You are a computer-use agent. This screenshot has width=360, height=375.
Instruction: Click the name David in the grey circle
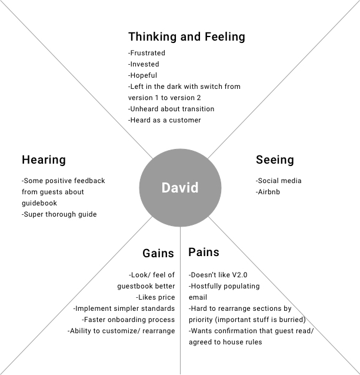click(180, 188)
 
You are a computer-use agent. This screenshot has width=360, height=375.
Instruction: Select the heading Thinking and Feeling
click(186, 36)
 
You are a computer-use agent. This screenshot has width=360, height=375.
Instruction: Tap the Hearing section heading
click(44, 160)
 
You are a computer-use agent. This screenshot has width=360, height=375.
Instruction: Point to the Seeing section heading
click(275, 160)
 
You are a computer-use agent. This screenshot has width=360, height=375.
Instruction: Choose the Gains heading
click(158, 253)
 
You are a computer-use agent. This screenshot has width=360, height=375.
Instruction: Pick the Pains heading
click(204, 252)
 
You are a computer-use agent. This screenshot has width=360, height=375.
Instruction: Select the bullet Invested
click(144, 64)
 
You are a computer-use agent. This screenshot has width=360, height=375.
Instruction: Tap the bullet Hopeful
click(144, 75)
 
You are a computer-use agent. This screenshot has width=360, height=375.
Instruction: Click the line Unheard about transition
click(171, 109)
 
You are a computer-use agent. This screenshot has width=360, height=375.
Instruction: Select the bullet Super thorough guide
click(59, 214)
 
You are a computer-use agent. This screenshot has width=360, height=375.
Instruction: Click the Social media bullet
click(279, 181)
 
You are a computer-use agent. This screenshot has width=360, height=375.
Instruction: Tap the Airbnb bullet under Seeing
click(270, 192)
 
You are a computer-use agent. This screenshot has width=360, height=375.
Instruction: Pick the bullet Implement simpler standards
click(124, 308)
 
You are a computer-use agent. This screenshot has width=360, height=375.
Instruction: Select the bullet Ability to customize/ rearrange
click(121, 331)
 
